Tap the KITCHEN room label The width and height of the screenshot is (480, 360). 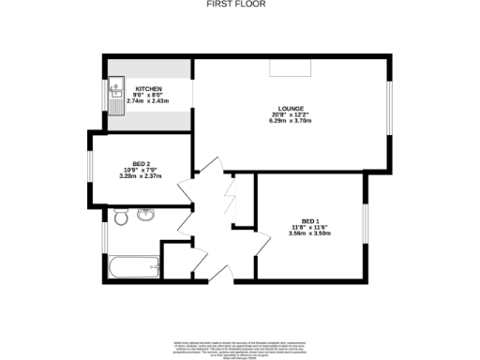(136, 87)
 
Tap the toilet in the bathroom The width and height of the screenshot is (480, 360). (119, 217)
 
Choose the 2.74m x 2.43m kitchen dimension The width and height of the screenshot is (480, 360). (136, 100)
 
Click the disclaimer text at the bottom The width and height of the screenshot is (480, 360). (240, 346)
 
